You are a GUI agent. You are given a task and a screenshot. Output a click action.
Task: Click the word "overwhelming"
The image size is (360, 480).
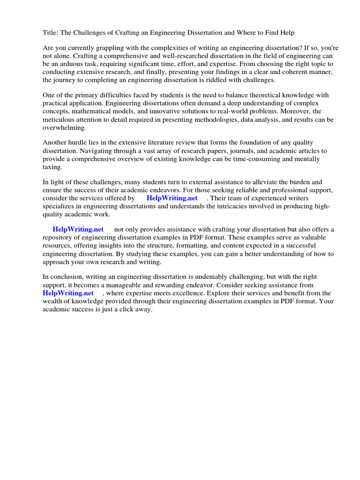point(64,128)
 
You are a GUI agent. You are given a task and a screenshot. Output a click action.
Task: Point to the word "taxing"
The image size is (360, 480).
point(52,167)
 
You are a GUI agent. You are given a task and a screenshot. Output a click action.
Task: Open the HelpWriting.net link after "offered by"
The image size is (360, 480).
point(172,198)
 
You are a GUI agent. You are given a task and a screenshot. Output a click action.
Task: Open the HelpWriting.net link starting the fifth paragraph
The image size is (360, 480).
point(78,229)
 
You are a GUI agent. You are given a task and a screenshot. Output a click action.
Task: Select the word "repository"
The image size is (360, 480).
point(60,238)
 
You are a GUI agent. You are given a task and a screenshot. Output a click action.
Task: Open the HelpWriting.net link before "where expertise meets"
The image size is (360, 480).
point(68,293)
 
